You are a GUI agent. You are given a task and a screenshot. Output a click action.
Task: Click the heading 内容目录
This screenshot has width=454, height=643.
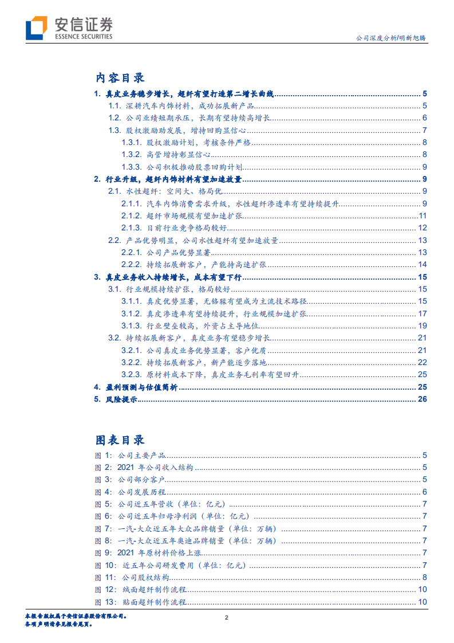tap(120, 78)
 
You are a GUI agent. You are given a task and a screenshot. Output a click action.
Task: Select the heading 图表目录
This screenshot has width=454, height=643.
tap(120, 440)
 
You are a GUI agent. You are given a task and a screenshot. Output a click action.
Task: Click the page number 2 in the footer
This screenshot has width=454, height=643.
tap(227, 617)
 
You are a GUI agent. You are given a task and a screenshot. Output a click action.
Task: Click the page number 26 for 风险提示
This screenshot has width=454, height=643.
tap(423, 399)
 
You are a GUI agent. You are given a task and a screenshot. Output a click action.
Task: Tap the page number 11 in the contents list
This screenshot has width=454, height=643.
tap(423, 216)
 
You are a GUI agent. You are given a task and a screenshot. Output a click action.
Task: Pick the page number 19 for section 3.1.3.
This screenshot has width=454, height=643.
tap(423, 326)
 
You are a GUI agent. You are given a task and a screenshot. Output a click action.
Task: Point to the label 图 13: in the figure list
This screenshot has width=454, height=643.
tap(105, 602)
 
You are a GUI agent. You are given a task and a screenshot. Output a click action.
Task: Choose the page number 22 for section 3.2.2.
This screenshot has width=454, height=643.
tap(423, 362)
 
